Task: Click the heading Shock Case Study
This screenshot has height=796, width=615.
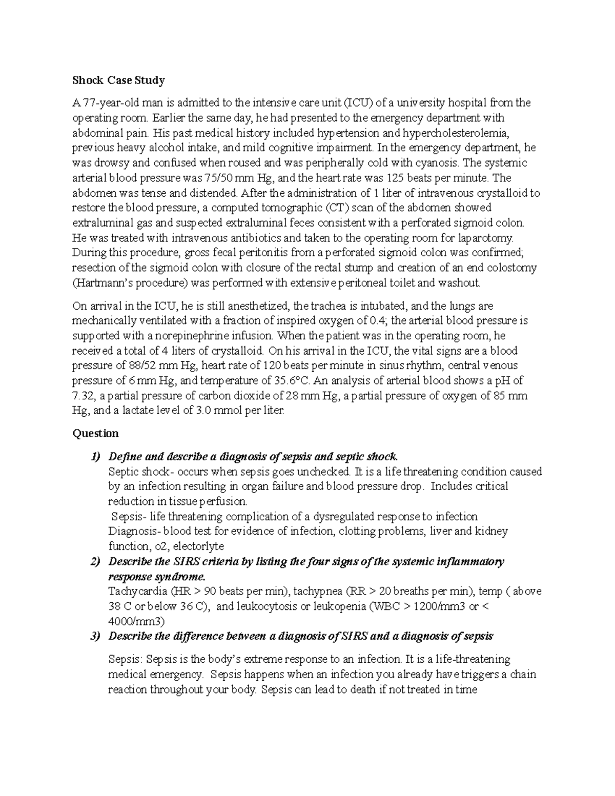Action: (118, 80)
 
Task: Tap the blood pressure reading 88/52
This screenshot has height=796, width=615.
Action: (148, 366)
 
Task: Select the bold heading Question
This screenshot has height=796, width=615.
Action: (95, 434)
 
